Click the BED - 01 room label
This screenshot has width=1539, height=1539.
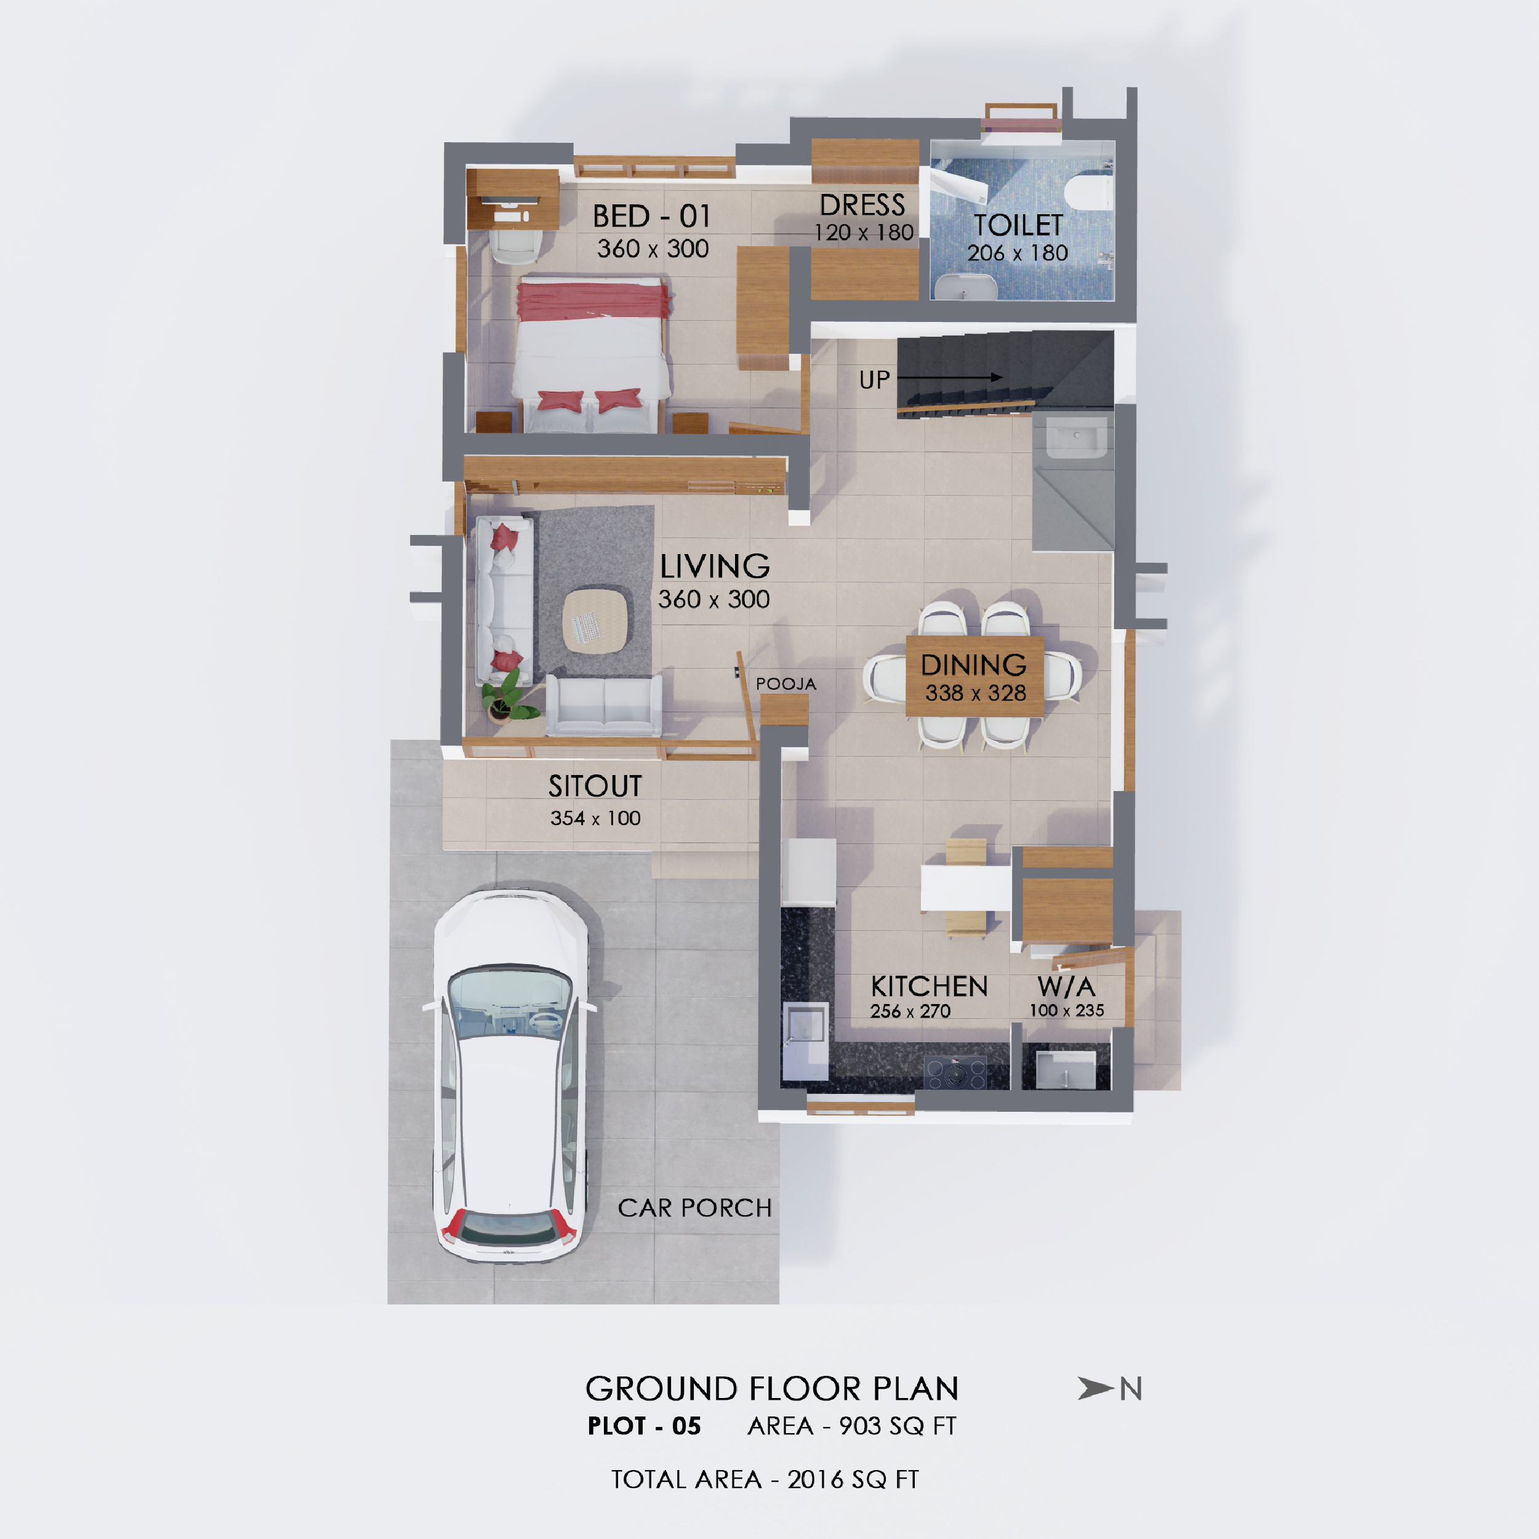click(x=651, y=216)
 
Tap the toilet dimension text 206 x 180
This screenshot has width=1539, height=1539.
click(x=1017, y=253)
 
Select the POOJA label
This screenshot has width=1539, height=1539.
click(x=786, y=683)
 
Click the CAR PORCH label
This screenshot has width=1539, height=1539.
click(x=694, y=1208)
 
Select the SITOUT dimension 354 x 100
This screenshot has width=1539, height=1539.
click(x=595, y=818)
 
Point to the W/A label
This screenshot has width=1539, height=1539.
click(x=1066, y=987)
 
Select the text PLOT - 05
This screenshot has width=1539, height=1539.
click(x=644, y=1426)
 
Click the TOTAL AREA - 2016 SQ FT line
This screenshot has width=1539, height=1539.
click(x=765, y=1479)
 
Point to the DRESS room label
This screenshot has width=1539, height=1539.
click(x=862, y=206)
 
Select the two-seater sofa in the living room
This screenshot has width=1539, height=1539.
click(x=604, y=705)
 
